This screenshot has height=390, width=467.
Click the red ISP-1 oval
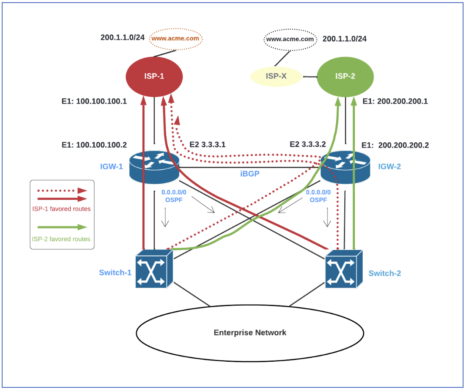click(154, 77)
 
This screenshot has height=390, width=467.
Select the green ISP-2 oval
click(345, 77)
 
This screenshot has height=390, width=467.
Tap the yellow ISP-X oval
click(277, 77)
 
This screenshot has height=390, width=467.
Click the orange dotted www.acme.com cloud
click(176, 39)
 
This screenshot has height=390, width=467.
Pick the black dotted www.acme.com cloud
click(290, 39)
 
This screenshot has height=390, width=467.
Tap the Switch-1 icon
click(154, 269)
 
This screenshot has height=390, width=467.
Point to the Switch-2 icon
click(344, 269)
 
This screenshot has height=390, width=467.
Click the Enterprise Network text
click(250, 333)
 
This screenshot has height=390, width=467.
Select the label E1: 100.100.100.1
click(94, 101)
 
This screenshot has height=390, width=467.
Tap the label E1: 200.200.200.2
click(395, 145)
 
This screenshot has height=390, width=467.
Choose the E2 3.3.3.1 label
click(208, 144)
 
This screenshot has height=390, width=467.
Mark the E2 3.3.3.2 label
click(308, 144)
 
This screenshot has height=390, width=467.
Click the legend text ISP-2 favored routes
click(61, 239)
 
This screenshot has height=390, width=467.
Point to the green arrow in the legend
click(62, 227)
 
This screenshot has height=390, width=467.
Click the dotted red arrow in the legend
click(62, 191)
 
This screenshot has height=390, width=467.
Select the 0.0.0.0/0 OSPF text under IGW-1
click(173, 195)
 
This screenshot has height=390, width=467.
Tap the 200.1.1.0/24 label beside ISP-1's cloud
click(123, 37)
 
